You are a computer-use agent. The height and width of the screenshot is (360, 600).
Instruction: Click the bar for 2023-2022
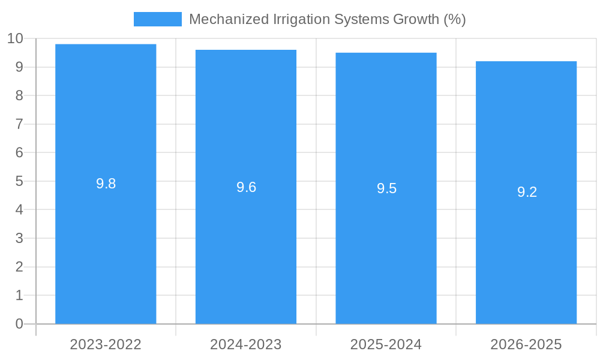click(106, 252)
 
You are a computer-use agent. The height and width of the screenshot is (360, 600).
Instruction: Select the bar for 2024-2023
click(246, 252)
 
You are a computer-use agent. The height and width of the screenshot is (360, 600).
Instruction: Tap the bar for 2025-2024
click(386, 252)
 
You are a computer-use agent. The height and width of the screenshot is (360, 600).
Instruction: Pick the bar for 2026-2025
click(526, 252)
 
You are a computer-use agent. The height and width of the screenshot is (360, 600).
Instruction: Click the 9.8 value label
click(106, 184)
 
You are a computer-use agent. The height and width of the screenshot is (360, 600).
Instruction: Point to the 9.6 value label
click(246, 187)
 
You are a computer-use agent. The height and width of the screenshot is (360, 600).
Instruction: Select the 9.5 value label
click(386, 188)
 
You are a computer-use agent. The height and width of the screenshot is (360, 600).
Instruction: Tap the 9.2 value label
click(527, 192)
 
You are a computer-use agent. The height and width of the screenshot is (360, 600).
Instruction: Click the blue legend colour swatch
click(157, 19)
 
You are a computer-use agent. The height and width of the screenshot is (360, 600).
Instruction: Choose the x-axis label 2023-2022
click(106, 344)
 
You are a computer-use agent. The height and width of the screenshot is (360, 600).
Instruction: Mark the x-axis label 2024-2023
click(246, 344)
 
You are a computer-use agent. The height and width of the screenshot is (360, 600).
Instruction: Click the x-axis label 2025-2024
click(386, 344)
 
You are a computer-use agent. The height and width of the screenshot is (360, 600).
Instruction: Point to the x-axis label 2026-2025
click(526, 344)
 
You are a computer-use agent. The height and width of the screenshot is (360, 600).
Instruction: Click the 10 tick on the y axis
click(15, 38)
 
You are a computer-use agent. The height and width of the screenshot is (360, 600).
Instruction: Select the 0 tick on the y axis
click(19, 324)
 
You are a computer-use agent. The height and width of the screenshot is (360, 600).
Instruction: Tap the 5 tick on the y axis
click(19, 181)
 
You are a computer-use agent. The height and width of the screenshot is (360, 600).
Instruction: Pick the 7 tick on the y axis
click(19, 124)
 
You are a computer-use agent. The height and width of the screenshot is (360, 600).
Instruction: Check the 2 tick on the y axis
click(19, 267)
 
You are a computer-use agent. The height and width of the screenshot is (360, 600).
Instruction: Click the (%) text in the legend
click(454, 19)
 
